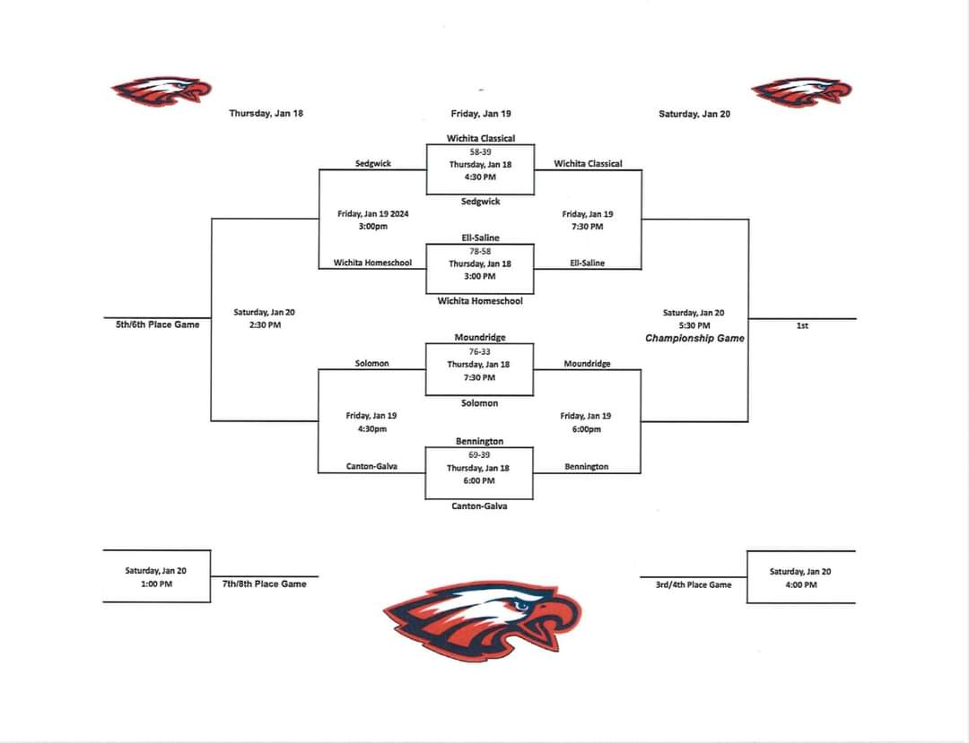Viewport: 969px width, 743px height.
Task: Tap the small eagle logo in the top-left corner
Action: (x=161, y=91)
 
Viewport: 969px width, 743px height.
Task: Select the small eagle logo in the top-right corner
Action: (x=801, y=91)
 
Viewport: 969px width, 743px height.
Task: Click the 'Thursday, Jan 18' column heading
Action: (x=266, y=114)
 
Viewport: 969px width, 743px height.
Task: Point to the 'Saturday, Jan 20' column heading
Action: (x=694, y=114)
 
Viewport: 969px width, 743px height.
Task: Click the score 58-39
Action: (x=480, y=152)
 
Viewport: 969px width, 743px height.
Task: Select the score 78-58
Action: (x=480, y=252)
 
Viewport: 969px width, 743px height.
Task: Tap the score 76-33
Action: (x=480, y=352)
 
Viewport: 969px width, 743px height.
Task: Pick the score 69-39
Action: (x=480, y=455)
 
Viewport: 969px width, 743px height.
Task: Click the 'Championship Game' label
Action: (x=694, y=339)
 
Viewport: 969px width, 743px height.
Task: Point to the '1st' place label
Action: (x=802, y=326)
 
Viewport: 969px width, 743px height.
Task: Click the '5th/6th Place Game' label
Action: (x=158, y=324)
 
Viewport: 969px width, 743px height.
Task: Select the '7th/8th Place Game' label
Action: (x=265, y=583)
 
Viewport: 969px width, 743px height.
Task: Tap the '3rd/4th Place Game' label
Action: (x=693, y=584)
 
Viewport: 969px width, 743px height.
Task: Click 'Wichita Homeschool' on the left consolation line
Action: (x=372, y=263)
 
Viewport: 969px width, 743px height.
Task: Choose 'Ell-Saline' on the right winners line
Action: (x=588, y=263)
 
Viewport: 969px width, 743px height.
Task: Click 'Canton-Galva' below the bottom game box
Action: (x=480, y=506)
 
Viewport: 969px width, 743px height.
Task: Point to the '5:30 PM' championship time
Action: (x=694, y=325)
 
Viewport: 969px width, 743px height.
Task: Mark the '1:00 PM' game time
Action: (x=156, y=583)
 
